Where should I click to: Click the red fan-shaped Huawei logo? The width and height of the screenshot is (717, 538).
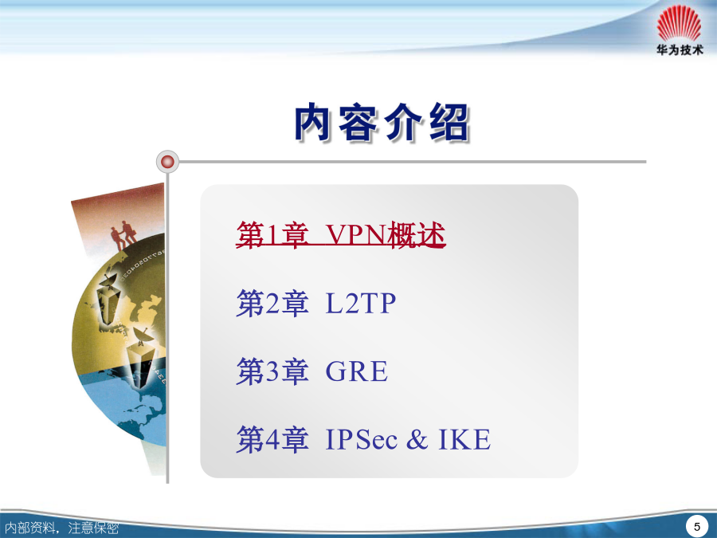pyautogui.click(x=679, y=23)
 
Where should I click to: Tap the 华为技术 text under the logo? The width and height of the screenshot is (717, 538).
pyautogui.click(x=680, y=50)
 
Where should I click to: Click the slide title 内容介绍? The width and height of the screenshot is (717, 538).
pyautogui.click(x=382, y=122)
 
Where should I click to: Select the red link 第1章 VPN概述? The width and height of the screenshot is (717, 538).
pyautogui.click(x=341, y=234)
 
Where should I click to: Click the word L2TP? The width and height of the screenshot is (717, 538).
pyautogui.click(x=360, y=303)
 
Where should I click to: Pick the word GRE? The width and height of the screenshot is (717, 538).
pyautogui.click(x=357, y=371)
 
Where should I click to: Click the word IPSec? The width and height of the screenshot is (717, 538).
pyautogui.click(x=362, y=439)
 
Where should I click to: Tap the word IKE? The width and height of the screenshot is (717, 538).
pyautogui.click(x=464, y=439)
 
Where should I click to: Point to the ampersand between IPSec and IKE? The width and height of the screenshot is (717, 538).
pyautogui.click(x=417, y=439)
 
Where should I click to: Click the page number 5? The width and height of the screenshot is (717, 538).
pyautogui.click(x=697, y=527)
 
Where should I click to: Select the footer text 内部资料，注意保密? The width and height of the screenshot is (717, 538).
pyautogui.click(x=61, y=528)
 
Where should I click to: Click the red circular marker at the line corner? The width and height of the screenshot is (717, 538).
pyautogui.click(x=167, y=162)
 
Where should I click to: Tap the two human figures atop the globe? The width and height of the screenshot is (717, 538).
pyautogui.click(x=123, y=234)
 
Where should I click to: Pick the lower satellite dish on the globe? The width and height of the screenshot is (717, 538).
pyautogui.click(x=143, y=336)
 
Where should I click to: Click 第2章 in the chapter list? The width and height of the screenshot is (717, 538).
pyautogui.click(x=272, y=303)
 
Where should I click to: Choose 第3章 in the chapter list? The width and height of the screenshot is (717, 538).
pyautogui.click(x=272, y=371)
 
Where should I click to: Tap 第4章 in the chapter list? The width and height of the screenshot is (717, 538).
pyautogui.click(x=272, y=439)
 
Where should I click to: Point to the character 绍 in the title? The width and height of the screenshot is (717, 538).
pyautogui.click(x=450, y=123)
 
